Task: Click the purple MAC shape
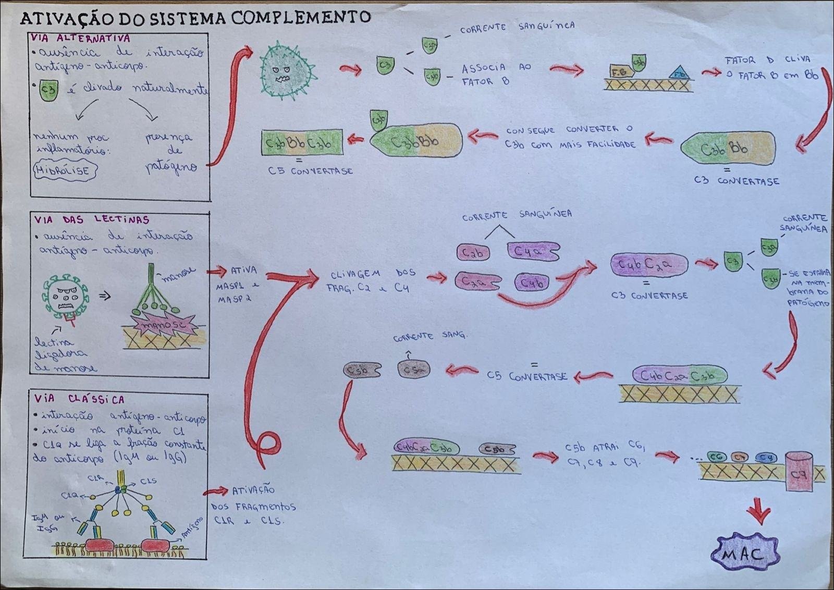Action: pyautogui.click(x=745, y=554)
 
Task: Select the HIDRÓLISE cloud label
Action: pyautogui.click(x=65, y=170)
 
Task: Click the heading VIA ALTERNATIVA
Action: pyautogui.click(x=81, y=38)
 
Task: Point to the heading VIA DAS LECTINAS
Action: pyautogui.click(x=92, y=219)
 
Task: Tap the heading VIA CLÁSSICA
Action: pyautogui.click(x=79, y=399)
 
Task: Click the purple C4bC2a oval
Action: pyautogui.click(x=648, y=265)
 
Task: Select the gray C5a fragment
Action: pyautogui.click(x=413, y=370)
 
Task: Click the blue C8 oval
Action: pyautogui.click(x=765, y=458)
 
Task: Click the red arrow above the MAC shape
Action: pyautogui.click(x=759, y=512)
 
